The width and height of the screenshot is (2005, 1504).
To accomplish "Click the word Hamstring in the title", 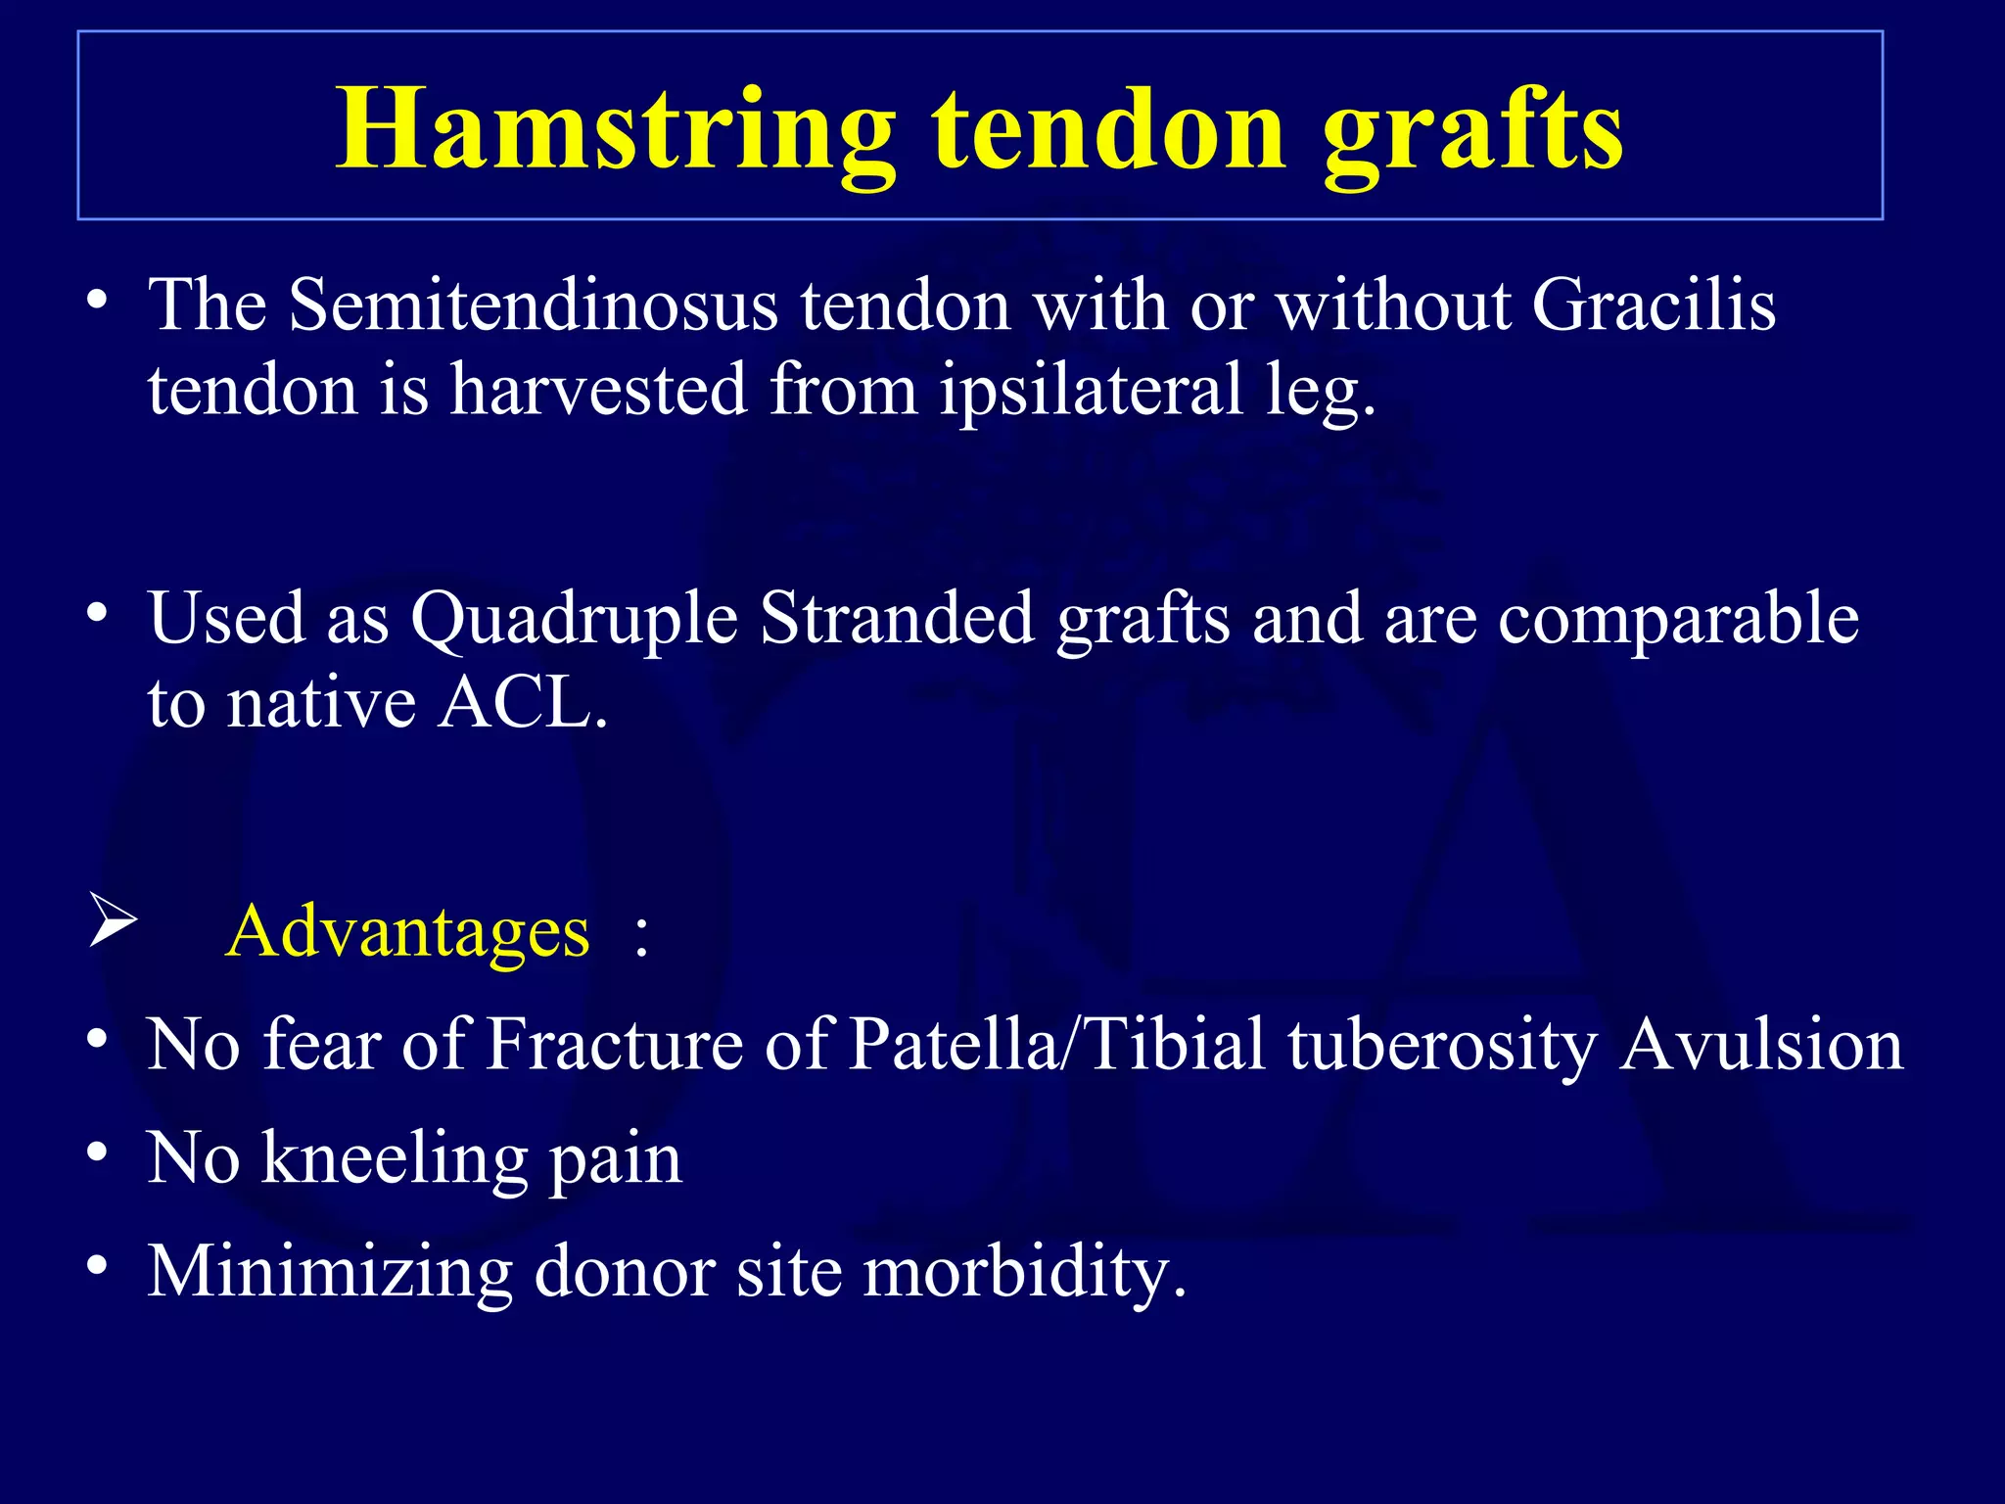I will (x=615, y=129).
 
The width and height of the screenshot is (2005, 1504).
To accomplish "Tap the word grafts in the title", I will (x=1473, y=129).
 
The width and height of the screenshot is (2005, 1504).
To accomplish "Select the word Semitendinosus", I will (x=534, y=305).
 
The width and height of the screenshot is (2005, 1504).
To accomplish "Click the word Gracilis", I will (x=1654, y=305).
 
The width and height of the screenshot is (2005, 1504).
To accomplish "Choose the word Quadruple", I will (x=575, y=621).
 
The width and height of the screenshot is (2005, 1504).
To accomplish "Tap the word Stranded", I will (x=897, y=619).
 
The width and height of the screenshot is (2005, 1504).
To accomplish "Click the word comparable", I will (x=1678, y=621).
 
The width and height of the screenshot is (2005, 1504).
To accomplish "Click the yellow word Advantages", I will (x=408, y=931).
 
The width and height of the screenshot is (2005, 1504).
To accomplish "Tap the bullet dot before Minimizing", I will (x=96, y=1266).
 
